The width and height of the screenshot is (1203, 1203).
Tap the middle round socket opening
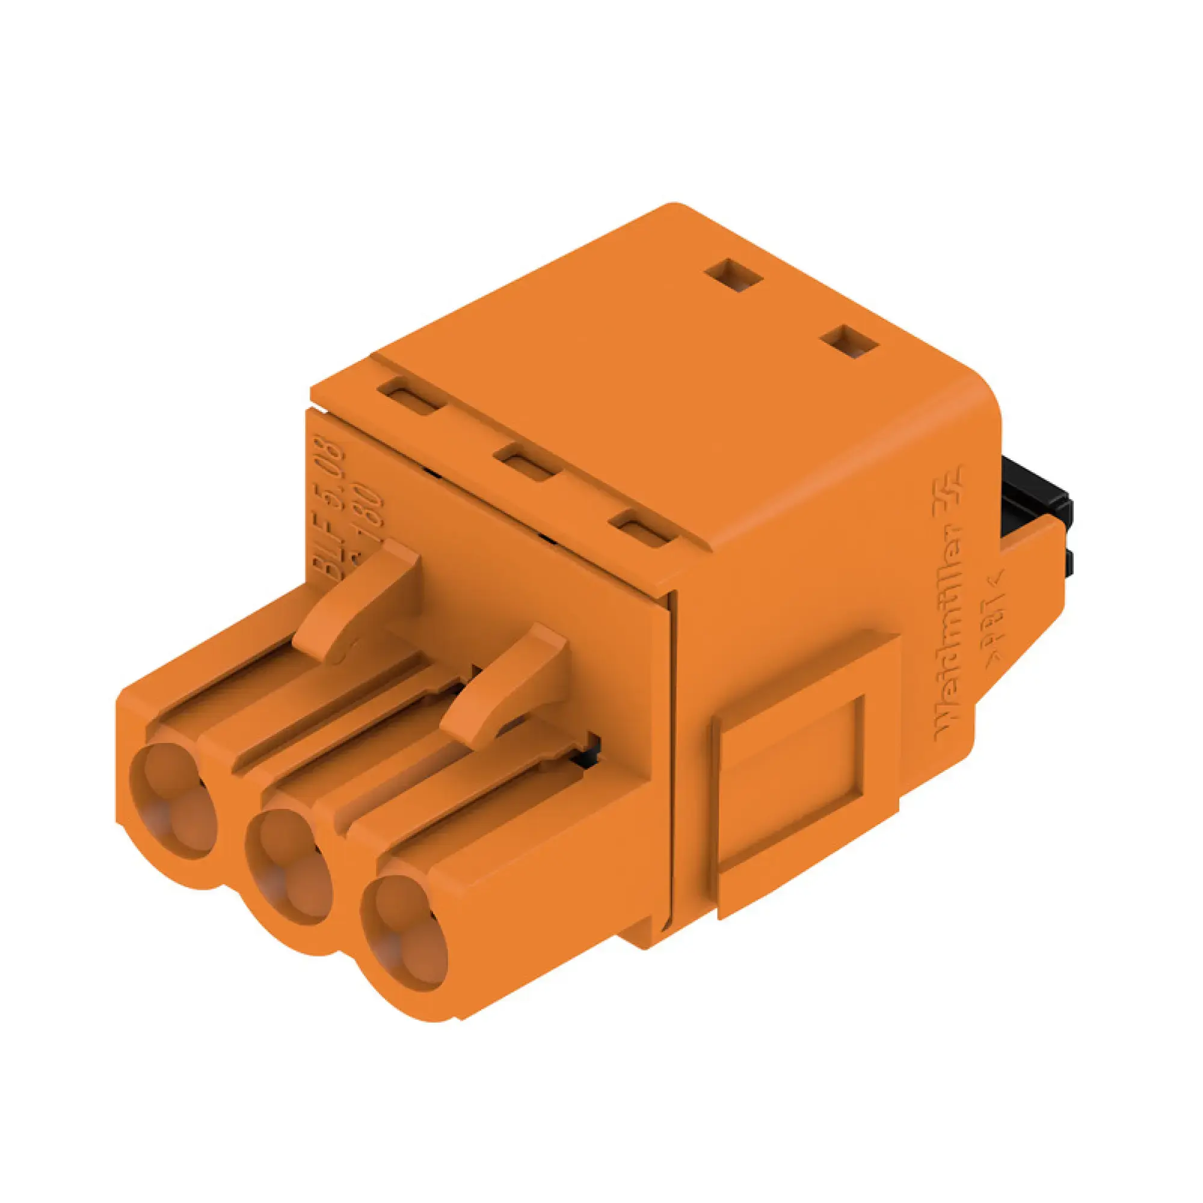point(287,866)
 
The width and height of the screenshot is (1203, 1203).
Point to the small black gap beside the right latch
point(589,750)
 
